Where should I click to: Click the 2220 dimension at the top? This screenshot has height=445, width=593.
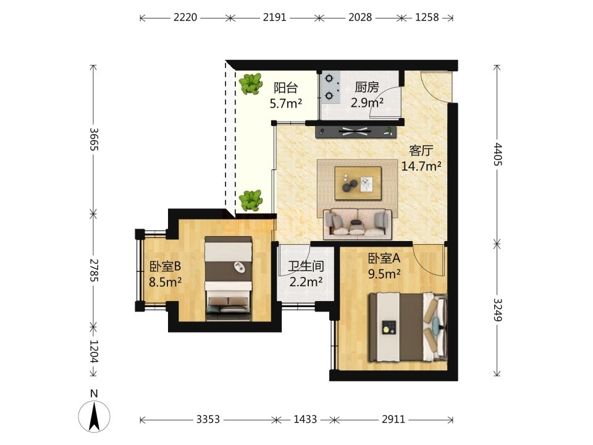click(x=185, y=17)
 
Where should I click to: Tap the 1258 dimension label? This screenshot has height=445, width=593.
click(x=427, y=17)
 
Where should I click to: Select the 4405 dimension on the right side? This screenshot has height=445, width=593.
click(x=497, y=155)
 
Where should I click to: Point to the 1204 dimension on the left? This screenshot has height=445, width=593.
click(x=94, y=351)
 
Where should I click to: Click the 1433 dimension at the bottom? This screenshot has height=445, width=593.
click(x=305, y=419)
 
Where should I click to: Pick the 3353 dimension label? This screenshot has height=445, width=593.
click(x=208, y=419)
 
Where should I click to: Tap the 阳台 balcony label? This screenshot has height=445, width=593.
click(x=285, y=88)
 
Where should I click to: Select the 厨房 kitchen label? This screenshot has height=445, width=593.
click(x=367, y=87)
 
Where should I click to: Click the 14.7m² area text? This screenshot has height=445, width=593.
click(x=421, y=166)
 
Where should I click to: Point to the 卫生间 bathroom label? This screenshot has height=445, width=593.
click(x=306, y=266)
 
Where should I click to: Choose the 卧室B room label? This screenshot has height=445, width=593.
click(x=166, y=267)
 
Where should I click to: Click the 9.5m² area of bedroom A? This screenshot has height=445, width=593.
click(x=385, y=273)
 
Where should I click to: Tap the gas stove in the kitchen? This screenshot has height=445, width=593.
click(x=330, y=87)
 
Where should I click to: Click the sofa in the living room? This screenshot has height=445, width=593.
click(x=358, y=224)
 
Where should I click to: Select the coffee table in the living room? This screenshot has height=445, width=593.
click(x=358, y=183)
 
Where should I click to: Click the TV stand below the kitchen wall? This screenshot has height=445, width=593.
click(x=356, y=132)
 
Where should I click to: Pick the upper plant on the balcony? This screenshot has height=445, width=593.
click(x=251, y=83)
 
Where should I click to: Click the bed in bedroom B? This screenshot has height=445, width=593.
click(x=229, y=279)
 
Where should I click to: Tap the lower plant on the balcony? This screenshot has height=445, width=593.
click(x=251, y=200)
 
